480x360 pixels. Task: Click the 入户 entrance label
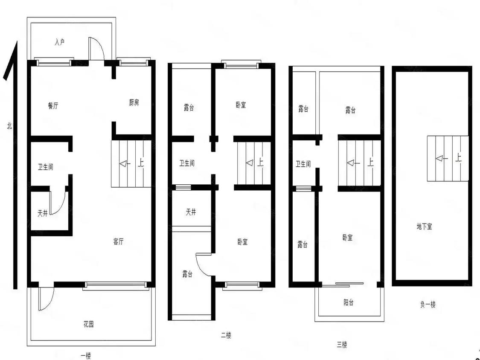point(60,42)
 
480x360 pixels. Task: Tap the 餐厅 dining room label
point(53,106)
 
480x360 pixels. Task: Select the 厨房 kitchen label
point(134,102)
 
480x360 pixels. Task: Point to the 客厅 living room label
point(118,241)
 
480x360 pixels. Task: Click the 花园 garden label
point(88,324)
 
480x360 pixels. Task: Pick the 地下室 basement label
point(425,226)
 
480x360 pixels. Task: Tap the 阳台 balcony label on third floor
point(348,303)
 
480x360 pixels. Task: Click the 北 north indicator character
point(9,125)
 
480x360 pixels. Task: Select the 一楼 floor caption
point(86,356)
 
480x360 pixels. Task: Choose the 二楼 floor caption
point(226,335)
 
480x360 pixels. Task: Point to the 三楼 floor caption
point(342,345)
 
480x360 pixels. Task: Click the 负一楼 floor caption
point(428,304)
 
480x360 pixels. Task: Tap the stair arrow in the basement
point(442,159)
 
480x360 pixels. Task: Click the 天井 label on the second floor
point(191,212)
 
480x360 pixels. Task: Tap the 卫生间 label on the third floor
point(303,164)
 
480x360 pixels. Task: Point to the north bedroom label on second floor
point(241,105)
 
